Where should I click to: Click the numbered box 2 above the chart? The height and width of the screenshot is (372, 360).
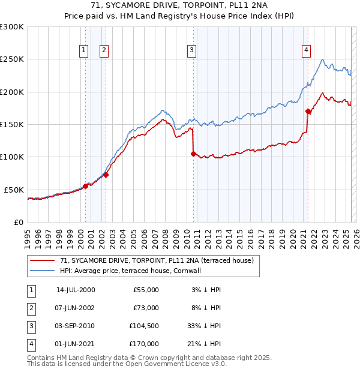pyautogui.click(x=104, y=50)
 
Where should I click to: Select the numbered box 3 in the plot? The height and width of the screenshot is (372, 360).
pyautogui.click(x=191, y=50)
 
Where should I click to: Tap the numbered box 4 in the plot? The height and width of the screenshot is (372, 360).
pyautogui.click(x=306, y=50)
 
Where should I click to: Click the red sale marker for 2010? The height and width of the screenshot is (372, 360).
pyautogui.click(x=193, y=154)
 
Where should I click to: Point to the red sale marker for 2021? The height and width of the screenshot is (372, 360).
pyautogui.click(x=308, y=111)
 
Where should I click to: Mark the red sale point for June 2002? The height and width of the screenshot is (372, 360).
pyautogui.click(x=106, y=175)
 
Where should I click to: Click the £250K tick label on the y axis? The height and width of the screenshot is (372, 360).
pyautogui.click(x=12, y=59)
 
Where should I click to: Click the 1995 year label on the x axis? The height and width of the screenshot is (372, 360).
pyautogui.click(x=28, y=236)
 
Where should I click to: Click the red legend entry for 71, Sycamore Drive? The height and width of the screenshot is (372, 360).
pyautogui.click(x=157, y=260)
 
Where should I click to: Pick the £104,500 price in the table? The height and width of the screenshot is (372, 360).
pyautogui.click(x=144, y=326)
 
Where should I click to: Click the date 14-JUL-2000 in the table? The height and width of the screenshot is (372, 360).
pyautogui.click(x=76, y=290)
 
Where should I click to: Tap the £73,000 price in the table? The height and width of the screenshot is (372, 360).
pyautogui.click(x=146, y=308)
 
